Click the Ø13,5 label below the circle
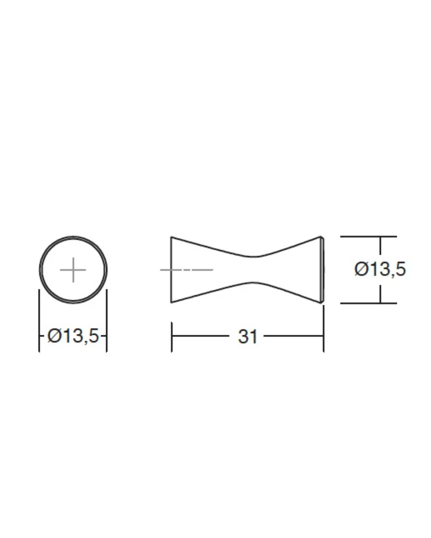tap(73, 336)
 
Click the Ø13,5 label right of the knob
tap(380, 269)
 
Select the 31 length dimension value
tap(247, 337)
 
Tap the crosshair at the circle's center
tap(73, 270)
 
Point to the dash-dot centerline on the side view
tap(187, 270)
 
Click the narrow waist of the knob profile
tap(253, 269)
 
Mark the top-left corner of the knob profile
tap(171, 237)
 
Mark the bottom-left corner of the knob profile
tap(171, 303)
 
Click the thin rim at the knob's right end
tap(322, 270)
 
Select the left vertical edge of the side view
tap(171, 270)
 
